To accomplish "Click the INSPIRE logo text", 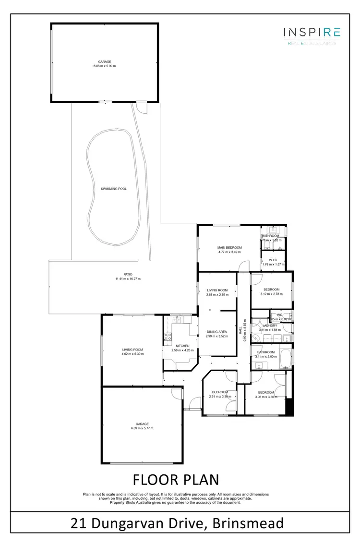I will click(312, 33).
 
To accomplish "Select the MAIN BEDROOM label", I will click(229, 247).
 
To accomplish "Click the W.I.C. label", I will click(273, 260).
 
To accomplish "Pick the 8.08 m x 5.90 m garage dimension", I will click(105, 66).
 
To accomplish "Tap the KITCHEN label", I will click(182, 346).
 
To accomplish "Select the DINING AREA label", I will click(216, 332).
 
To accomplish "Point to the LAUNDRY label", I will click(269, 326).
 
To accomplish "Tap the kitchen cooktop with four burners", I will click(168, 337).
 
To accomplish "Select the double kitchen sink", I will click(176, 319).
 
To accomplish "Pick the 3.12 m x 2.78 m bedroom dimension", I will click(272, 294).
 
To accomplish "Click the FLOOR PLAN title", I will click(175, 480).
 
